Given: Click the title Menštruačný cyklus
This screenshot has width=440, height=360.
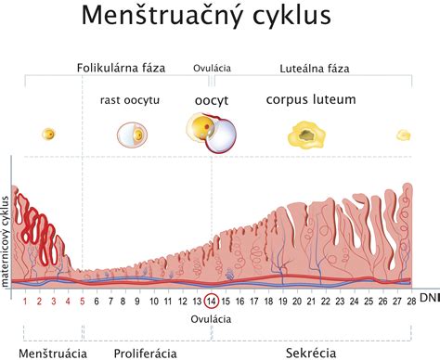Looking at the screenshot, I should tap(219, 18).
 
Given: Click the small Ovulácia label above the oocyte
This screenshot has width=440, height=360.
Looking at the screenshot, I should tap(212, 68).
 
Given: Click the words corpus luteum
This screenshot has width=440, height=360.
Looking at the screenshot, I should tap(310, 98).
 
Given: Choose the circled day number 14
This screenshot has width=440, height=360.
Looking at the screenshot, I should tap(212, 300).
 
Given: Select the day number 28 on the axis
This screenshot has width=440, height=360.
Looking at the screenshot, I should tap(408, 300).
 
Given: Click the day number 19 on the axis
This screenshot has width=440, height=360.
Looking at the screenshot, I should tap(281, 300).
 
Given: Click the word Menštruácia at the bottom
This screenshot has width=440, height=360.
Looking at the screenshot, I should tap(53, 354).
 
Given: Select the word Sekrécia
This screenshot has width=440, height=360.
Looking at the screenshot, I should tap(310, 354).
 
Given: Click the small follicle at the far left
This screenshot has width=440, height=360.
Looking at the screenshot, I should tap(48, 135).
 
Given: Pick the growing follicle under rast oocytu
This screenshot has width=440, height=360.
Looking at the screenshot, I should tap(131, 135).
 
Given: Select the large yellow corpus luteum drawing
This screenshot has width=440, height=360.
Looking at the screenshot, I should tap(306, 137).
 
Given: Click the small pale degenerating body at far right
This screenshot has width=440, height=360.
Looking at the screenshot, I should tap(403, 135).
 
